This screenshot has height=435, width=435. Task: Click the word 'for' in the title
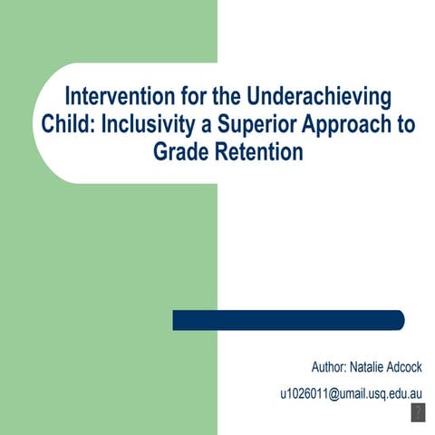coord(189,97)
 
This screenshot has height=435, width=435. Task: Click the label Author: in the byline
coord(331,368)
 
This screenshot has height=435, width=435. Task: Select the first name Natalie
coord(373,368)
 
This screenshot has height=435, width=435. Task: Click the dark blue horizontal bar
coord(288,320)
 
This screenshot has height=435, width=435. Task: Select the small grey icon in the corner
coord(418,413)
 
